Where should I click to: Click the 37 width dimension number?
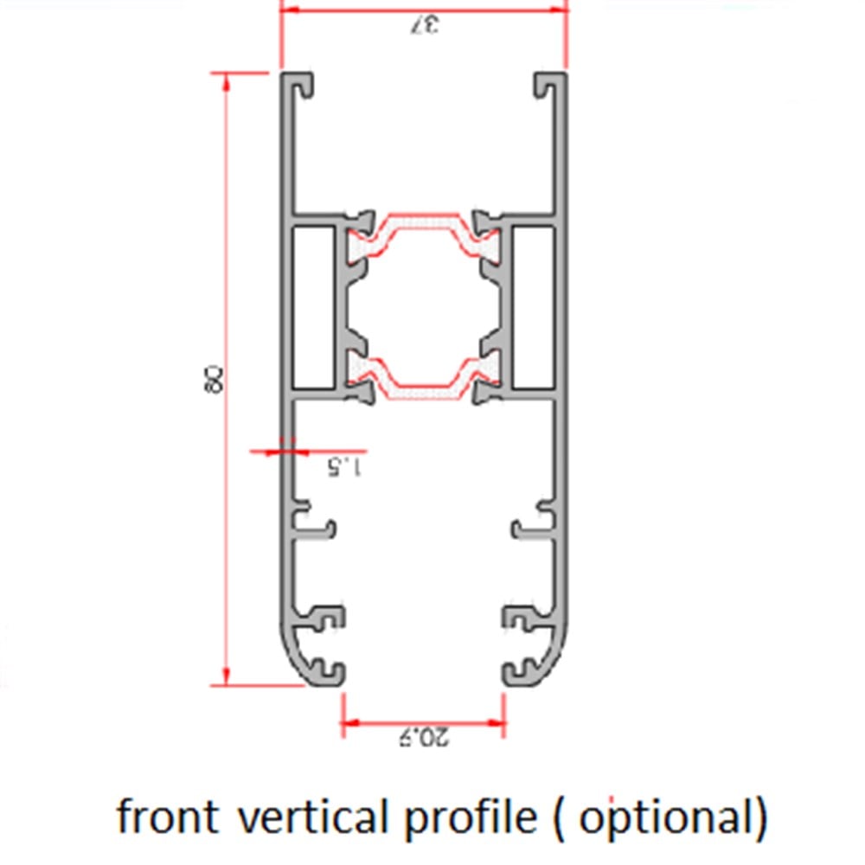[x=424, y=25]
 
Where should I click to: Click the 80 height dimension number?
[x=212, y=380]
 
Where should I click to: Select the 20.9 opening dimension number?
[x=423, y=737]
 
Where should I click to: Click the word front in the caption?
[x=167, y=817]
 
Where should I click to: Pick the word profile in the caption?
[x=468, y=817]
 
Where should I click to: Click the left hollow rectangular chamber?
[x=313, y=307]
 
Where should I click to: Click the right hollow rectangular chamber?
[x=533, y=307]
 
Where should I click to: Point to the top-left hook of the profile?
[x=300, y=85]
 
